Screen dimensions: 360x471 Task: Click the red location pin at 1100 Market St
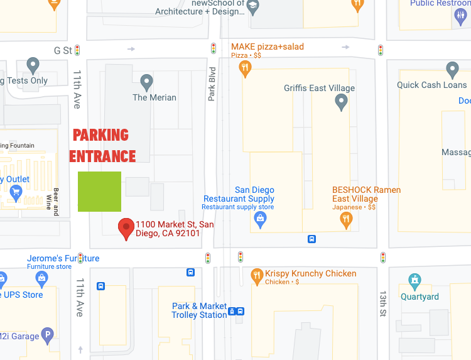click(x=127, y=229)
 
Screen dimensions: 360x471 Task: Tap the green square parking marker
click(x=99, y=192)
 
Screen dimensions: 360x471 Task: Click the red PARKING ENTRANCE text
click(x=102, y=146)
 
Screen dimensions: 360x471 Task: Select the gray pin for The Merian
click(x=147, y=82)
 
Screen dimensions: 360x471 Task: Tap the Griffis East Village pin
click(x=341, y=101)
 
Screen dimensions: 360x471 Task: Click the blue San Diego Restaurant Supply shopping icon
click(x=260, y=219)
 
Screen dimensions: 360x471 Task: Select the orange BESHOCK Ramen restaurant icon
click(x=345, y=219)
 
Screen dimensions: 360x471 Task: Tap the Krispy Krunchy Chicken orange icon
click(x=256, y=275)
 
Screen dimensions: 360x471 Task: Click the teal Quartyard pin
click(x=414, y=281)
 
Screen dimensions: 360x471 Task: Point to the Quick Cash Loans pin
click(x=452, y=69)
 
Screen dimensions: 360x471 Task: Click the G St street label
click(x=63, y=50)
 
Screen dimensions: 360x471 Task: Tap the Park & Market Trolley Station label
click(x=199, y=310)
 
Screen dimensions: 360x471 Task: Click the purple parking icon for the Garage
click(x=46, y=336)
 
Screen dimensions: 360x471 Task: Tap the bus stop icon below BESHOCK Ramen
click(x=311, y=239)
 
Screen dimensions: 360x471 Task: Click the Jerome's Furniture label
click(x=63, y=259)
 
